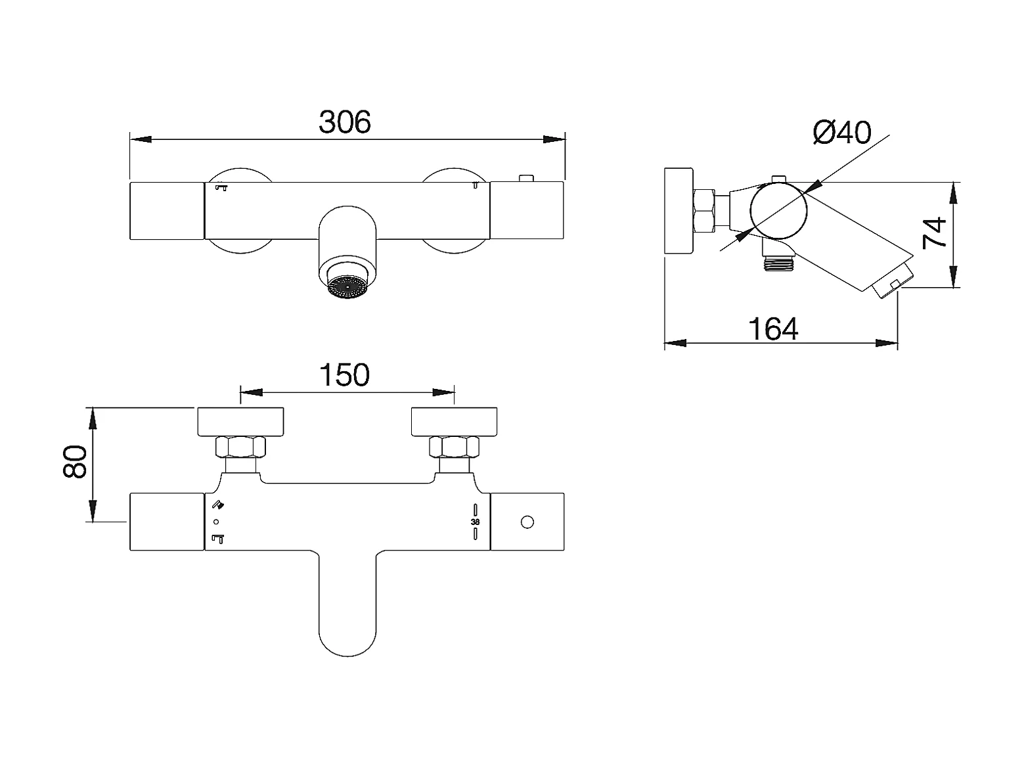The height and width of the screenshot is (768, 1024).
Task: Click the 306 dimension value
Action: [x=345, y=122]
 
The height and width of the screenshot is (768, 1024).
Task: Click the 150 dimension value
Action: [x=345, y=375]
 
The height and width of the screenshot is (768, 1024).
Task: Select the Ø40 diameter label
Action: [x=841, y=133]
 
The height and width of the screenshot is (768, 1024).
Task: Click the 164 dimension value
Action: [x=774, y=328]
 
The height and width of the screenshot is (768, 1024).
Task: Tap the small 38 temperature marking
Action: [x=476, y=522]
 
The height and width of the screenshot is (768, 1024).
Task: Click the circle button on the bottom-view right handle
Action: [x=526, y=522]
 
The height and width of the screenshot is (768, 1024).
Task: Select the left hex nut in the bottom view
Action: [x=240, y=447]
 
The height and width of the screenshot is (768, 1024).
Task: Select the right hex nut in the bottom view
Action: [x=454, y=447]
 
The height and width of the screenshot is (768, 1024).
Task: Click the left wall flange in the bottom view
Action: [x=240, y=422]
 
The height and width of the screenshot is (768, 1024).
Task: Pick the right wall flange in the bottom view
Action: [x=454, y=422]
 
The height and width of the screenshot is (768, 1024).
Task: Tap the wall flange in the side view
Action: [x=679, y=211]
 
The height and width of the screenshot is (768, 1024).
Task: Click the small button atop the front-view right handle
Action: [x=525, y=178]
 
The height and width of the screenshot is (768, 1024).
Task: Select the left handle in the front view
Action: [x=167, y=210]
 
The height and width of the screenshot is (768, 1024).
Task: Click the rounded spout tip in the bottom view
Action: [x=347, y=641]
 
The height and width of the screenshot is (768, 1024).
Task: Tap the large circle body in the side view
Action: [x=779, y=211]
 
